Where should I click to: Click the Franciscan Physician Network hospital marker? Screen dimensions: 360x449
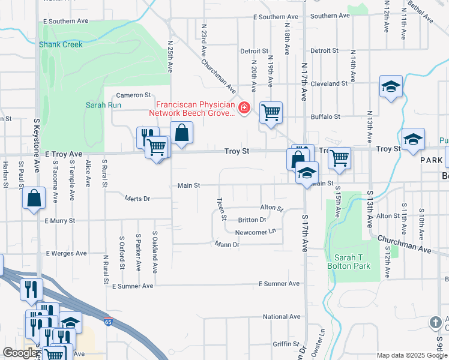pos(244,109)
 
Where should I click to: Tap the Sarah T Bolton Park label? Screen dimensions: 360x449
pos(353,262)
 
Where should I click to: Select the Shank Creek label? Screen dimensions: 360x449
pos(61,44)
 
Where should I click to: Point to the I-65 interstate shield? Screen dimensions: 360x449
pos(108,322)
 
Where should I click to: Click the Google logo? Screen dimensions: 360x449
pos(20,353)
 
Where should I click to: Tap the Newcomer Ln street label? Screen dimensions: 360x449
pos(255,232)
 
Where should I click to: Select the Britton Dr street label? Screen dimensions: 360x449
pos(252,220)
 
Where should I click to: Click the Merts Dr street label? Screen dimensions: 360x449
pos(137,198)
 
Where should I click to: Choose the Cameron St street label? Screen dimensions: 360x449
pos(133,95)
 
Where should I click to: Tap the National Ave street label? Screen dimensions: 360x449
pos(282,317)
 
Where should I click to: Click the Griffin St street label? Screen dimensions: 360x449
pos(286,344)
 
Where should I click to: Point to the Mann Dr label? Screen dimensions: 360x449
pos(228,244)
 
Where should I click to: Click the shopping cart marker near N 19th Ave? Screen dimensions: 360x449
pos(271,112)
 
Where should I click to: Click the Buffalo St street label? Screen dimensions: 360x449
pos(326,116)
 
